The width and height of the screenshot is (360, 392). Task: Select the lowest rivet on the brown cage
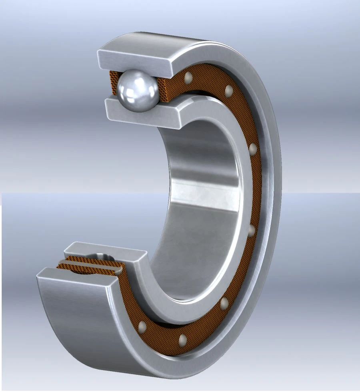(x=182, y=340)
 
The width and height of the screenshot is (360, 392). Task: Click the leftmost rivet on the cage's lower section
(x=141, y=327)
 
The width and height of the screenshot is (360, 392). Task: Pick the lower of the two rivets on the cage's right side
(x=252, y=231)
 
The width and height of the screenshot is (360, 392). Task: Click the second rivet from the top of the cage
(x=229, y=90)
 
